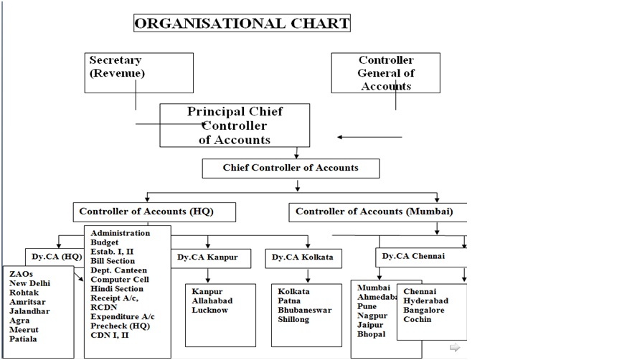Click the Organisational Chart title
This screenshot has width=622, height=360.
click(242, 24)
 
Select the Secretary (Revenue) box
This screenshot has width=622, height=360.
click(139, 72)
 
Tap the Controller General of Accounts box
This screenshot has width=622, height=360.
click(386, 72)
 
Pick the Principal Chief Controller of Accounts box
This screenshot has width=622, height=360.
click(235, 125)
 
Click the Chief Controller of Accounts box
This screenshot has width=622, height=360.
click(290, 168)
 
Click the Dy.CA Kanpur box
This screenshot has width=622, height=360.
click(212, 257)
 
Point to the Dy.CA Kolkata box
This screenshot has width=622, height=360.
click(301, 257)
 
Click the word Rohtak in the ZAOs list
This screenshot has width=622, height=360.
click(24, 293)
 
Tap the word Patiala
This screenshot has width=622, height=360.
click(23, 339)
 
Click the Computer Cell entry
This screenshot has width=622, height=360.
click(120, 280)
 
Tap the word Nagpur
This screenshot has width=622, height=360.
click(372, 316)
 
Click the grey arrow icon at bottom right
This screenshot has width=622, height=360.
click(454, 348)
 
